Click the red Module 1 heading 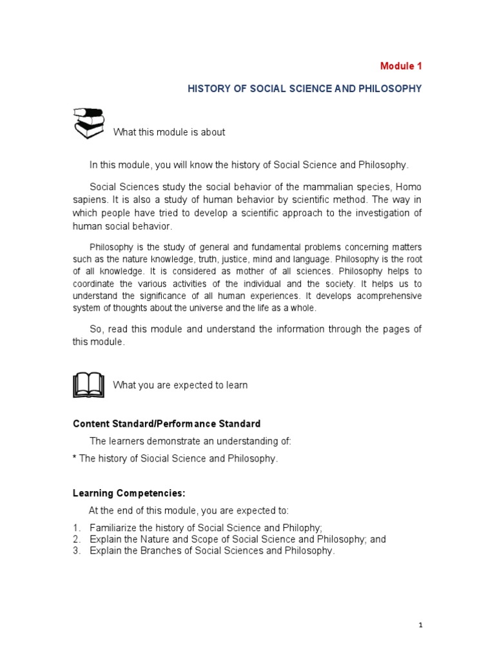click(x=401, y=66)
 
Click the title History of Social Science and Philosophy click(x=304, y=88)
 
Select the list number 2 click(x=76, y=539)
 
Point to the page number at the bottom click(x=420, y=625)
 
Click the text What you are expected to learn click(x=180, y=385)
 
